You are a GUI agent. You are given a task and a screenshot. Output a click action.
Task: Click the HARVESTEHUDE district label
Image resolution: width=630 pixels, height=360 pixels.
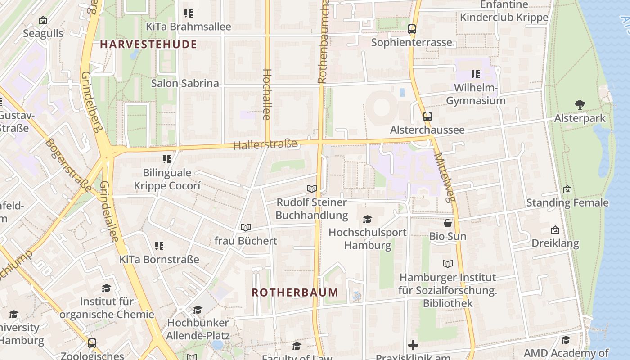148,44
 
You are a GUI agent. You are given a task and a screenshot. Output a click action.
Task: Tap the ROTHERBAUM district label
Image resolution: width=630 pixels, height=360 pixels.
295,292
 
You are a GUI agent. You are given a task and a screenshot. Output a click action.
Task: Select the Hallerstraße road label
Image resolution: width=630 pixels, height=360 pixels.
265,144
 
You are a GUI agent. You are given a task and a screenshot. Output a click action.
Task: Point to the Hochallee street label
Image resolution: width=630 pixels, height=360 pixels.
266,94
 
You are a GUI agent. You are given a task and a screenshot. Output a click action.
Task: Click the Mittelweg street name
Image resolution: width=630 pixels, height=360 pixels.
445,177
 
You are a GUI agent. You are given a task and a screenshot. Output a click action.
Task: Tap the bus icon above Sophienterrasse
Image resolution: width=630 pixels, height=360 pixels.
411,29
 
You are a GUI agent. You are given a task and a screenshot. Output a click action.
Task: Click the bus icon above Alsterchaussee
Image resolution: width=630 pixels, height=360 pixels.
427,117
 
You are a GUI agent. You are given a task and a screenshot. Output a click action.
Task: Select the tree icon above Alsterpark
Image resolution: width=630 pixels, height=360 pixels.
580,105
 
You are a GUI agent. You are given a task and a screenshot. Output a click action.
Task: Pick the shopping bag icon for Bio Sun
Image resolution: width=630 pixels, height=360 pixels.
448,223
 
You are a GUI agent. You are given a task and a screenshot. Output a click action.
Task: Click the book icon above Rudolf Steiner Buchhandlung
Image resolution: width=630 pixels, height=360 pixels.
311,189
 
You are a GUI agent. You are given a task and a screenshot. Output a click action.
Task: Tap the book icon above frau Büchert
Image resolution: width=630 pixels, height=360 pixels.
245,228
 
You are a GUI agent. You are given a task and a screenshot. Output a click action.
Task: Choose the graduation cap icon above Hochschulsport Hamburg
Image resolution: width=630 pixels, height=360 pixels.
368,219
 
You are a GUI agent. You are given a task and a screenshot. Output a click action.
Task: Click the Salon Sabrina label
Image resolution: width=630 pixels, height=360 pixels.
185,83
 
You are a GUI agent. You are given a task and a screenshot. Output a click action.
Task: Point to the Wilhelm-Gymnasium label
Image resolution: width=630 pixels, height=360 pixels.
476,94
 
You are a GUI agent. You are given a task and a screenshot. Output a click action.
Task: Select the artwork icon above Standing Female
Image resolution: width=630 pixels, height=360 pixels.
567,189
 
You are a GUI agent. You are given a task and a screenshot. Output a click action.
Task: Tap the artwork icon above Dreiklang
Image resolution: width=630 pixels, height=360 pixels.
555,230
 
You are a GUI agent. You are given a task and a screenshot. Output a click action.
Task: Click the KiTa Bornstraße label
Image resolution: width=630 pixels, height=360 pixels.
159,260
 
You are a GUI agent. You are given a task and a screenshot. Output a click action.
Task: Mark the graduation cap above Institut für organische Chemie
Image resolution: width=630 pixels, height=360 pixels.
106,288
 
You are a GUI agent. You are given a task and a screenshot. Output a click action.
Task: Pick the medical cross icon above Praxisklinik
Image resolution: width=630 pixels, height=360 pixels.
413,345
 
